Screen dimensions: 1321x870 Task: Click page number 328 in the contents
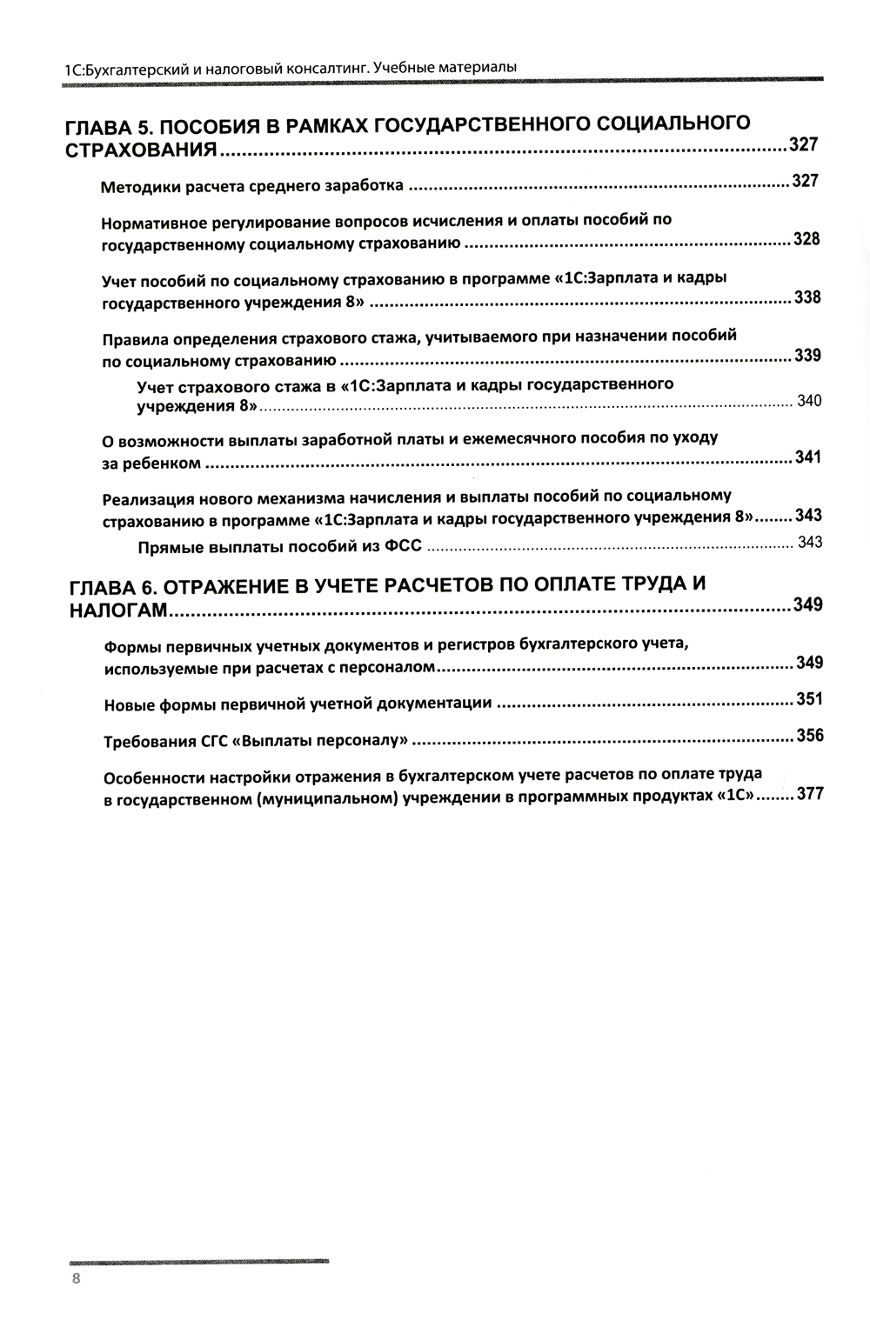tap(806, 239)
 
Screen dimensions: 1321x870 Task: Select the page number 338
tap(807, 297)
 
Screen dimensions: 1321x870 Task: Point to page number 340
tap(808, 401)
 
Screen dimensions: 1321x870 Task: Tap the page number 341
tap(807, 457)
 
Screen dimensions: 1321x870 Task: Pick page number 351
tap(809, 699)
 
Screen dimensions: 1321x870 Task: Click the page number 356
tap(809, 736)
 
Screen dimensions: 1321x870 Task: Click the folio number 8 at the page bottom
tap(77, 1278)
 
